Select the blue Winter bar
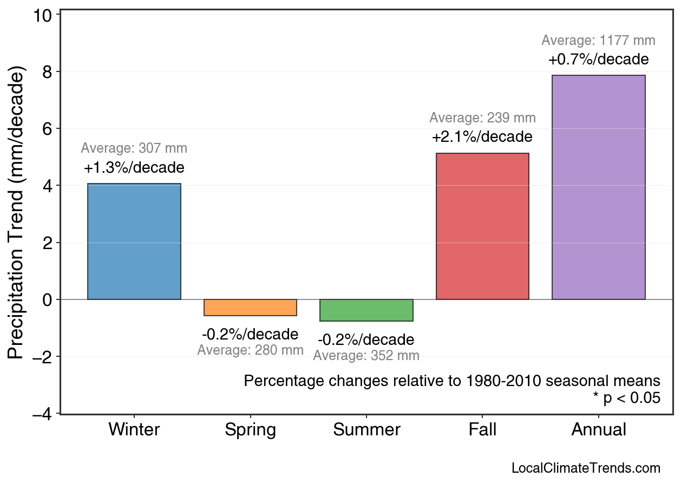click(x=134, y=241)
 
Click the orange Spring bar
click(x=250, y=308)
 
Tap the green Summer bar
click(x=366, y=310)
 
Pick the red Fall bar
click(x=482, y=226)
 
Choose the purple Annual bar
click(x=598, y=187)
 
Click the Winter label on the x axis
click(x=134, y=430)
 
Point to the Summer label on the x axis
click(x=366, y=430)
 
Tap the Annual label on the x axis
click(x=599, y=430)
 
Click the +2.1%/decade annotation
click(x=482, y=137)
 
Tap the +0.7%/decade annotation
click(x=598, y=59)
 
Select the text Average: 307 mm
click(x=134, y=148)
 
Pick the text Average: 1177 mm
click(x=598, y=41)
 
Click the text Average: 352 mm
click(x=366, y=356)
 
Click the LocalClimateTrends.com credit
click(x=586, y=468)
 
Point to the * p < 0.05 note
click(x=626, y=398)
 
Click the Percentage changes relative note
click(x=452, y=381)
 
